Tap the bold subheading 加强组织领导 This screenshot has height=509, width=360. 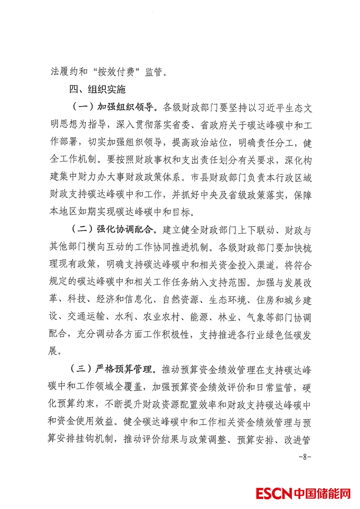pos(125,108)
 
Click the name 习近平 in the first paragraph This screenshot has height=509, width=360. pos(259,108)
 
